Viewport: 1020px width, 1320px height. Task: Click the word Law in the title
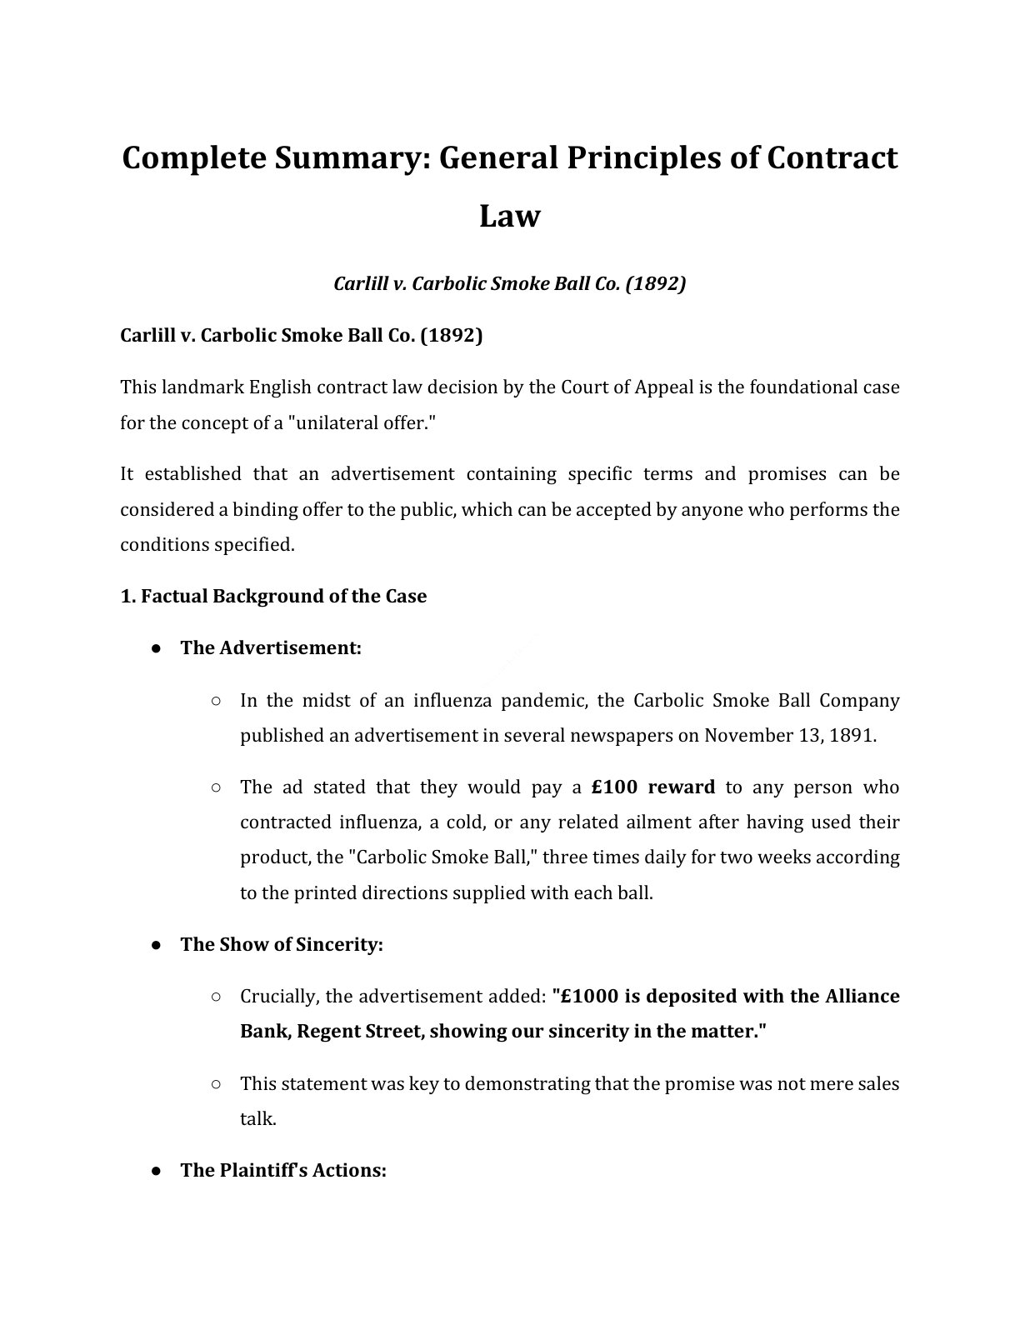click(509, 216)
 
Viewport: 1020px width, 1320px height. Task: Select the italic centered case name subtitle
click(509, 283)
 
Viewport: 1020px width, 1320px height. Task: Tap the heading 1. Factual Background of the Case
click(273, 596)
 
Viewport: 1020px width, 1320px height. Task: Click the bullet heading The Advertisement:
click(271, 647)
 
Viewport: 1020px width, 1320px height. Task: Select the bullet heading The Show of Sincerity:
click(282, 944)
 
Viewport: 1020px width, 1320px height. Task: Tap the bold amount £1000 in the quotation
click(587, 996)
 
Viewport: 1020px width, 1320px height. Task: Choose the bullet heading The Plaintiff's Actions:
click(283, 1170)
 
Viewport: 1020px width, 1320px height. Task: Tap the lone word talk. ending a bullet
click(257, 1118)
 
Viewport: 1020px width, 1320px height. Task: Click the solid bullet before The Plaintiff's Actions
click(156, 1170)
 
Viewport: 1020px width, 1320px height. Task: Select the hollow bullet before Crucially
click(216, 996)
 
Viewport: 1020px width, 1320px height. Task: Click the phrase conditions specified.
click(207, 544)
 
